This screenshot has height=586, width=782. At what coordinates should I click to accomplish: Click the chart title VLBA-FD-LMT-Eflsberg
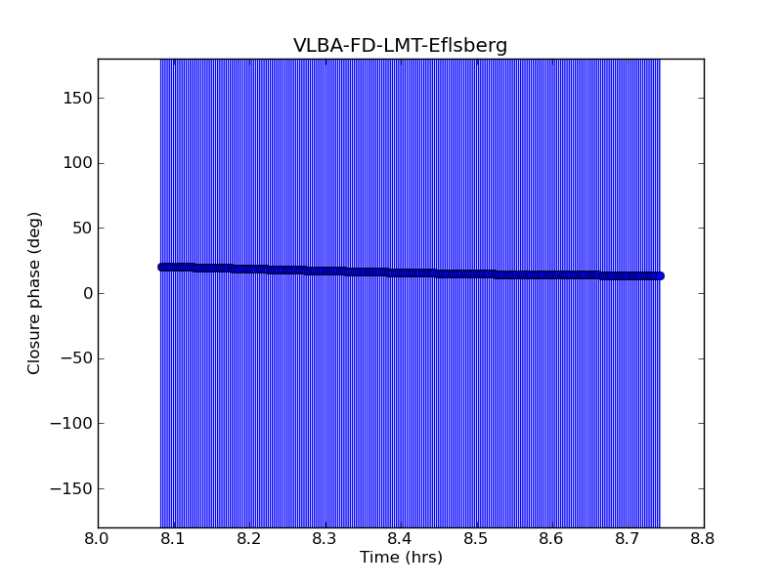[x=401, y=46]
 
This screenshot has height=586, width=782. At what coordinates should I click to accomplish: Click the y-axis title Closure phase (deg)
[x=35, y=293]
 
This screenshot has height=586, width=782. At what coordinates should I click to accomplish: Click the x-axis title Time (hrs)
[x=401, y=558]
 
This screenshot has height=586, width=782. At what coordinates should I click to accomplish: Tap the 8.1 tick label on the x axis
[x=173, y=538]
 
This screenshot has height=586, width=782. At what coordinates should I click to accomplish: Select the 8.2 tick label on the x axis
[x=249, y=538]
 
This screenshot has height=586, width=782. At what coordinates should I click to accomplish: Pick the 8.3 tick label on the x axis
[x=325, y=538]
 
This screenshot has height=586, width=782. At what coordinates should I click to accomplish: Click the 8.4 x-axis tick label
[x=401, y=538]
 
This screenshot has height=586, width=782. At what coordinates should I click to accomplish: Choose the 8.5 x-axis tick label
[x=476, y=538]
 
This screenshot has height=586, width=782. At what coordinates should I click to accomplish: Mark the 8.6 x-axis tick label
[x=552, y=538]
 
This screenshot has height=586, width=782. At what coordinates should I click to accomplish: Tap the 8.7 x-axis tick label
[x=628, y=538]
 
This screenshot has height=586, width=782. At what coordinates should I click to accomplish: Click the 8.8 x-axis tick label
[x=704, y=538]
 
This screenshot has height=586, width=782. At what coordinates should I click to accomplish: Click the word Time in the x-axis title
[x=377, y=558]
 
